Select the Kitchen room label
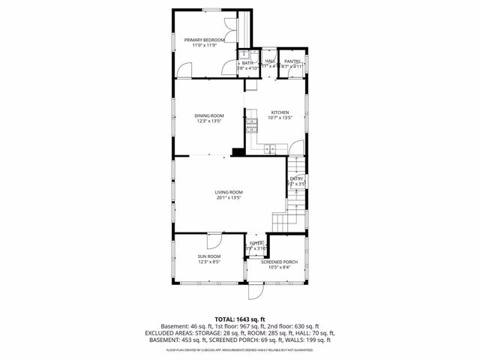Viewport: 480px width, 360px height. point(279,112)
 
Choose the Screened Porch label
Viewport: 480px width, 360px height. point(279,262)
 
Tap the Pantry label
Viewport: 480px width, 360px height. point(292,61)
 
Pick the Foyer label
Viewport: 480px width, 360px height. point(256,244)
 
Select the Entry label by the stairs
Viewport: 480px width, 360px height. point(297,178)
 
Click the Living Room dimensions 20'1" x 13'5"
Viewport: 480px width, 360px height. point(229,197)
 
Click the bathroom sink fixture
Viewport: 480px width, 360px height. point(242,55)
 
